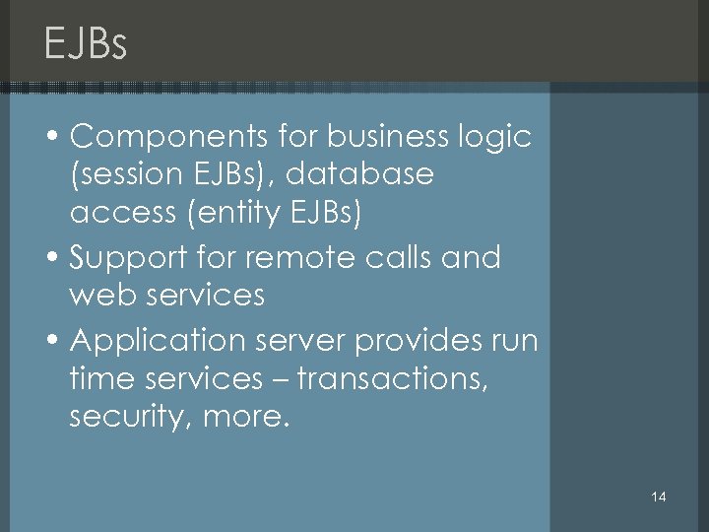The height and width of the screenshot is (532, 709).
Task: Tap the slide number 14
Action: click(659, 497)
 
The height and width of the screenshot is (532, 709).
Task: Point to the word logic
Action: click(496, 138)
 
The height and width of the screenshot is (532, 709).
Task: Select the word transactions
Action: click(392, 377)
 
